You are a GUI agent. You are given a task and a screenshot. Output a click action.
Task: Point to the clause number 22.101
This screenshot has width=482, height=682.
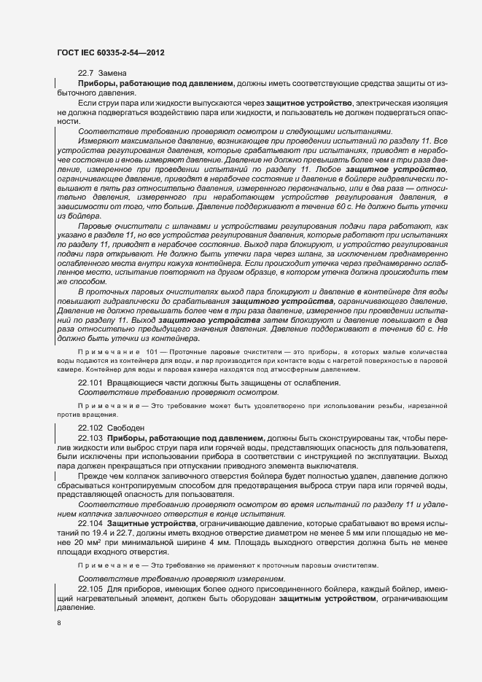[x=90, y=383]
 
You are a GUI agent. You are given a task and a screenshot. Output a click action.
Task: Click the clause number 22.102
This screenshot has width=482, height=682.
[x=90, y=427]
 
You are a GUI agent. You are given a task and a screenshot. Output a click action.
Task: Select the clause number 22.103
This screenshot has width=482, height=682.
[x=90, y=436]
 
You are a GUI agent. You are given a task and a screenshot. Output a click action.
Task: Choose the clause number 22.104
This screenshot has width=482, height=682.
[x=90, y=524]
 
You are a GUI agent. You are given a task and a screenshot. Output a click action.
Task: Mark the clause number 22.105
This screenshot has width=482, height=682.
[x=90, y=588]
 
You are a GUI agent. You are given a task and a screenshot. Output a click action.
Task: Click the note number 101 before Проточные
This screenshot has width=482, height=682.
[x=151, y=351]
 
